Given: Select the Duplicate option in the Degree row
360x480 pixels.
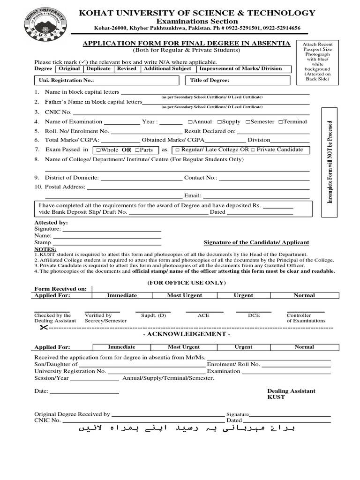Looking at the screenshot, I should [98, 69].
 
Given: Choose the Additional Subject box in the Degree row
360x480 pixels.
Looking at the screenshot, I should [167, 69].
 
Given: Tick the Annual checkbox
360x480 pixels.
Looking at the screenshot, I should [189, 122].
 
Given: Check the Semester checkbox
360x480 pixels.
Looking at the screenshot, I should [247, 122].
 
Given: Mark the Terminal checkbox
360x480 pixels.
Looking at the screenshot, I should [280, 122].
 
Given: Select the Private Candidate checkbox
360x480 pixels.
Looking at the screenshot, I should [253, 150].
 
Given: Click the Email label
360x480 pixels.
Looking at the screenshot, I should [193, 196].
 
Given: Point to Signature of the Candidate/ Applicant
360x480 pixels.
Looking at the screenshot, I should [256, 243].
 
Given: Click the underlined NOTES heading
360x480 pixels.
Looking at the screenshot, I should [45, 249].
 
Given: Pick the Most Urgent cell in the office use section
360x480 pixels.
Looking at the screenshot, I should [185, 296].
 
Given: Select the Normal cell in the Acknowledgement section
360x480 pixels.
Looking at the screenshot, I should [304, 347].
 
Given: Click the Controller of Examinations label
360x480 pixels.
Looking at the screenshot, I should [306, 318].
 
